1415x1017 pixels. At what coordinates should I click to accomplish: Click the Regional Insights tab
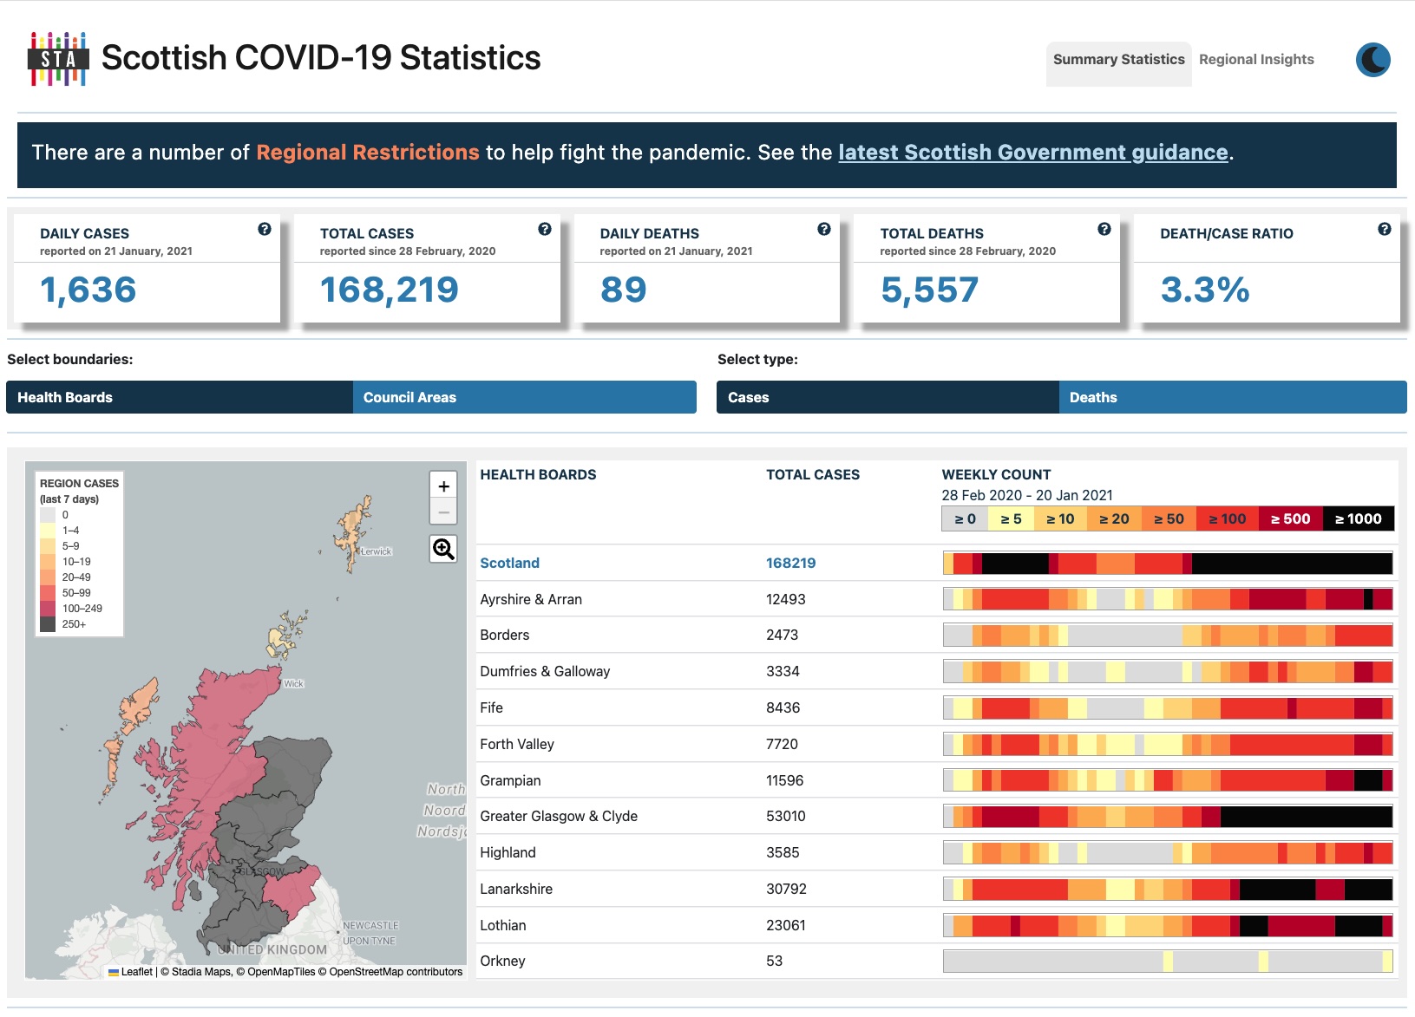[1255, 60]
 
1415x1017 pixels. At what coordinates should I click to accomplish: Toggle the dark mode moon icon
[1372, 60]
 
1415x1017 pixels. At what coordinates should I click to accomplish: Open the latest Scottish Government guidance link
[1032, 153]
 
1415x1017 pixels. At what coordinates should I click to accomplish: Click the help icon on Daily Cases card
[265, 230]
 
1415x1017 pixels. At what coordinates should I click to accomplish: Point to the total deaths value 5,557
[929, 290]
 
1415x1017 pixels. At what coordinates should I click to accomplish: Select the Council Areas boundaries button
[524, 397]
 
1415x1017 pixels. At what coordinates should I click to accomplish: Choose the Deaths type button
[1232, 397]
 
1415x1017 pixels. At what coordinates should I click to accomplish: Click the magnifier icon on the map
[443, 549]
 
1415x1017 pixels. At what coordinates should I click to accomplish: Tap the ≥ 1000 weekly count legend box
[1358, 519]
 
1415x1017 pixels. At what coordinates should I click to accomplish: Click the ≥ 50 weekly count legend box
[1169, 519]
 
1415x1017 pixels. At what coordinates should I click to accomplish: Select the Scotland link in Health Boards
[509, 564]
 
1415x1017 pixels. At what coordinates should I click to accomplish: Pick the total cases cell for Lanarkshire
[786, 890]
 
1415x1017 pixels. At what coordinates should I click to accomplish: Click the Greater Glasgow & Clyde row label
[559, 817]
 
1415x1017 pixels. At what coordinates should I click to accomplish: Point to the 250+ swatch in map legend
[48, 624]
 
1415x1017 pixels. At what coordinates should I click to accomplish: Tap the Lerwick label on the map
[377, 551]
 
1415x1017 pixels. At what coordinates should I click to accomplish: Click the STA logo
[58, 59]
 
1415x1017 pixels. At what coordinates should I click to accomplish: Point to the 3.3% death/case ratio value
[1204, 290]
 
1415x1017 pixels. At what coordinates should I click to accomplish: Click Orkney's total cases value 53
[774, 962]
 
